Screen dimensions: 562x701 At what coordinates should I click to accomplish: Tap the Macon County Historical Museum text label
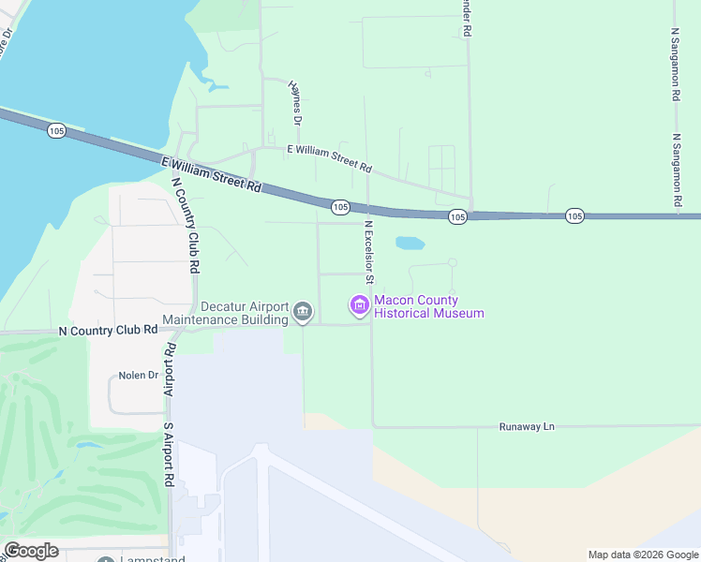428,306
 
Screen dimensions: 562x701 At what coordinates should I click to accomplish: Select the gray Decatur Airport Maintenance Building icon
302,311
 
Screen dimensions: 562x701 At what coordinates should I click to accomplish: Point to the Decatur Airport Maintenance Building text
225,313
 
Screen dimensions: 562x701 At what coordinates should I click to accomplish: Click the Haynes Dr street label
295,103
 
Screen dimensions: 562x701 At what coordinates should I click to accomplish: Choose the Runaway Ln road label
529,426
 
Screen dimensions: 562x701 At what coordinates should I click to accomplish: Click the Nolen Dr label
139,376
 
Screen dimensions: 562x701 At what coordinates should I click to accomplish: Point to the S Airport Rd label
170,454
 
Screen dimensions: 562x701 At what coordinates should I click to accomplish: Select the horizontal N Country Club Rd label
108,330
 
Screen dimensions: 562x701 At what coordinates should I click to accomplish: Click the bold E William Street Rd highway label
211,174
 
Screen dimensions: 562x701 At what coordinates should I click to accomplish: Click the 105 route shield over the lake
55,131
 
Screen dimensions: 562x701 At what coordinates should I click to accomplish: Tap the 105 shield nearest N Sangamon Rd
575,216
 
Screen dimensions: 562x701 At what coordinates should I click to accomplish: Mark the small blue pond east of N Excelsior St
410,244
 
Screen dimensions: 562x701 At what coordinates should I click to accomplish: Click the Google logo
31,551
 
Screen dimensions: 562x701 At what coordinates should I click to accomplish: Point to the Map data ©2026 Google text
643,555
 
